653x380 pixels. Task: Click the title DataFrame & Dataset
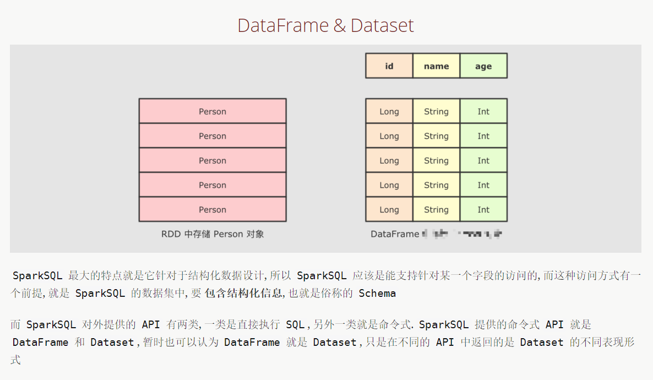pyautogui.click(x=325, y=25)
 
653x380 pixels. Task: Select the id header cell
pyautogui.click(x=389, y=66)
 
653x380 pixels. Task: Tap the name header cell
pyautogui.click(x=436, y=66)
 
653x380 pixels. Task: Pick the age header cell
pyautogui.click(x=483, y=66)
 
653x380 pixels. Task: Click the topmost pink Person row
pyautogui.click(x=213, y=111)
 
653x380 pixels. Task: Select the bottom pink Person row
pyautogui.click(x=213, y=209)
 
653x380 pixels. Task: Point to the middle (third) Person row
pyautogui.click(x=213, y=160)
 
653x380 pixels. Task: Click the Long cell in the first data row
pyautogui.click(x=389, y=111)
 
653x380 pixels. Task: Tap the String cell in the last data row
pyautogui.click(x=436, y=209)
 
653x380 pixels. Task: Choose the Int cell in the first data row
pyautogui.click(x=483, y=111)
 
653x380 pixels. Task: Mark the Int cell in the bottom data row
pyautogui.click(x=483, y=209)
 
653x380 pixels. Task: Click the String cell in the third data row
pyautogui.click(x=436, y=160)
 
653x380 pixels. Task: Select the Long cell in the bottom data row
pyautogui.click(x=389, y=209)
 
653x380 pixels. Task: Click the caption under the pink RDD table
pyautogui.click(x=213, y=234)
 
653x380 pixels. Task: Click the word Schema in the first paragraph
pyautogui.click(x=377, y=294)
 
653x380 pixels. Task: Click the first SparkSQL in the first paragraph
pyautogui.click(x=37, y=276)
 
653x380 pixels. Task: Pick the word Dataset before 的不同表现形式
pyautogui.click(x=542, y=343)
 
